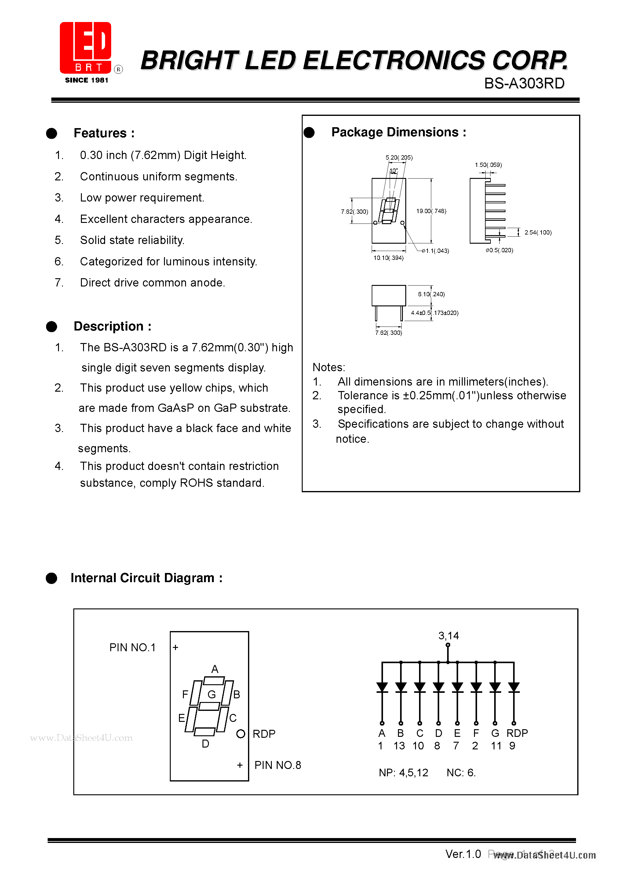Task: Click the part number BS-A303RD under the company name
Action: [x=524, y=83]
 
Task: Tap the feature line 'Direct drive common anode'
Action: [x=152, y=283]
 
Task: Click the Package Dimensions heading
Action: [x=398, y=132]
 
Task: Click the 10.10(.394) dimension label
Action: [x=388, y=258]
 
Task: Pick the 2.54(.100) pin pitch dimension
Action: [x=538, y=232]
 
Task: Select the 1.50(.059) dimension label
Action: [x=488, y=165]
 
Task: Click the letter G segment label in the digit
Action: [x=212, y=694]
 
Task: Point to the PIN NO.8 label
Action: [x=278, y=765]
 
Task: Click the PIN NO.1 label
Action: [x=132, y=648]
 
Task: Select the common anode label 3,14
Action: [x=449, y=636]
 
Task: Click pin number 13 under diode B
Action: [x=399, y=746]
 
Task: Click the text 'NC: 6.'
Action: [x=461, y=773]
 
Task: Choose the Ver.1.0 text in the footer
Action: [x=463, y=854]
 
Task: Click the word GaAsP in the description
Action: [x=176, y=408]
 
